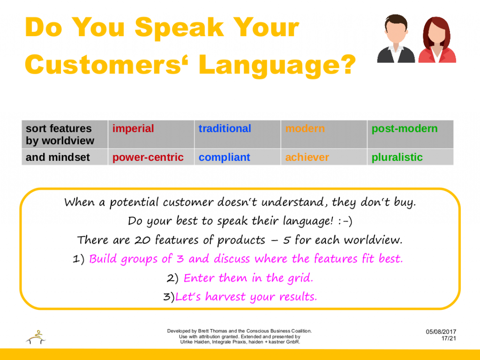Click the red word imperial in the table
point(133,128)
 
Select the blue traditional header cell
point(238,134)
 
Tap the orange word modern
point(305,128)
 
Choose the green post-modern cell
point(410,134)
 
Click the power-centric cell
point(151,157)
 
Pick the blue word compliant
point(225,157)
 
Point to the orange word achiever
point(307,157)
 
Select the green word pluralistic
point(397,157)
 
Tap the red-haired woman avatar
point(437,40)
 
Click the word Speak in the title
point(179,28)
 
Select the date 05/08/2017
point(441,332)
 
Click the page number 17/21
point(449,338)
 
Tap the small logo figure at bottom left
point(36,337)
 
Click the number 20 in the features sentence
point(142,240)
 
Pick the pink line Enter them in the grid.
point(248,278)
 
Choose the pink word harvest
point(225,297)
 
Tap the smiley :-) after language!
point(345,221)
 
